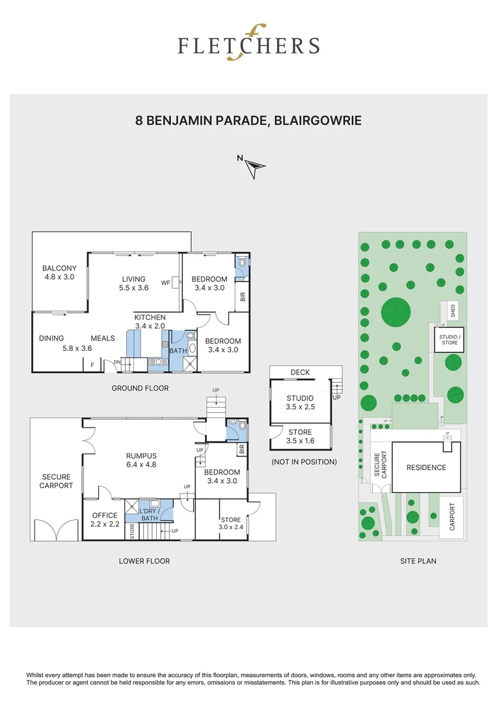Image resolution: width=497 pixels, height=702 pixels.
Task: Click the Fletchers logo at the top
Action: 249,45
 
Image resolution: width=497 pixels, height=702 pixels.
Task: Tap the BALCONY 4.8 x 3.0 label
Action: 59,272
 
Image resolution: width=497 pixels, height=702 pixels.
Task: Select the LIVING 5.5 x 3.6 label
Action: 133,283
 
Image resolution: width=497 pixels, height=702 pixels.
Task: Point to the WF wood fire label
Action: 166,283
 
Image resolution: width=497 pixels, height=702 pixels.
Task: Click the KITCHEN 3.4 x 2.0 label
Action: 150,322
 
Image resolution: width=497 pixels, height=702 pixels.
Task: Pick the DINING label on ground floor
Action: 51,338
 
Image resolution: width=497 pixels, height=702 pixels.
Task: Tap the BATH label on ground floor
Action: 178,350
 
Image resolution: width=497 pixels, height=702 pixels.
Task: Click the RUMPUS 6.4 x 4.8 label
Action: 141,460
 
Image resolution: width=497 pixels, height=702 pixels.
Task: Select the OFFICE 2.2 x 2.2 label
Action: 105,519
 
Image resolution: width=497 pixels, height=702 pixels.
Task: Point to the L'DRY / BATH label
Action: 149,514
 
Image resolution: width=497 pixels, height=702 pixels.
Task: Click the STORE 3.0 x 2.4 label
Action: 230,524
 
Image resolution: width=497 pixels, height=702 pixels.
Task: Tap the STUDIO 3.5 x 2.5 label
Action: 300,402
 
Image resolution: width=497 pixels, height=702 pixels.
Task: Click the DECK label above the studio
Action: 300,372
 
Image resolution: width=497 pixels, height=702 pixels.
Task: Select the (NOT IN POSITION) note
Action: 304,462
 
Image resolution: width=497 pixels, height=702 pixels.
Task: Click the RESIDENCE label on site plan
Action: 426,467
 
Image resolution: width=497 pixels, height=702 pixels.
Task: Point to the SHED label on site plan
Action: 453,311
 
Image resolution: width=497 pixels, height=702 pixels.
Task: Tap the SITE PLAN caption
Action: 418,560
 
